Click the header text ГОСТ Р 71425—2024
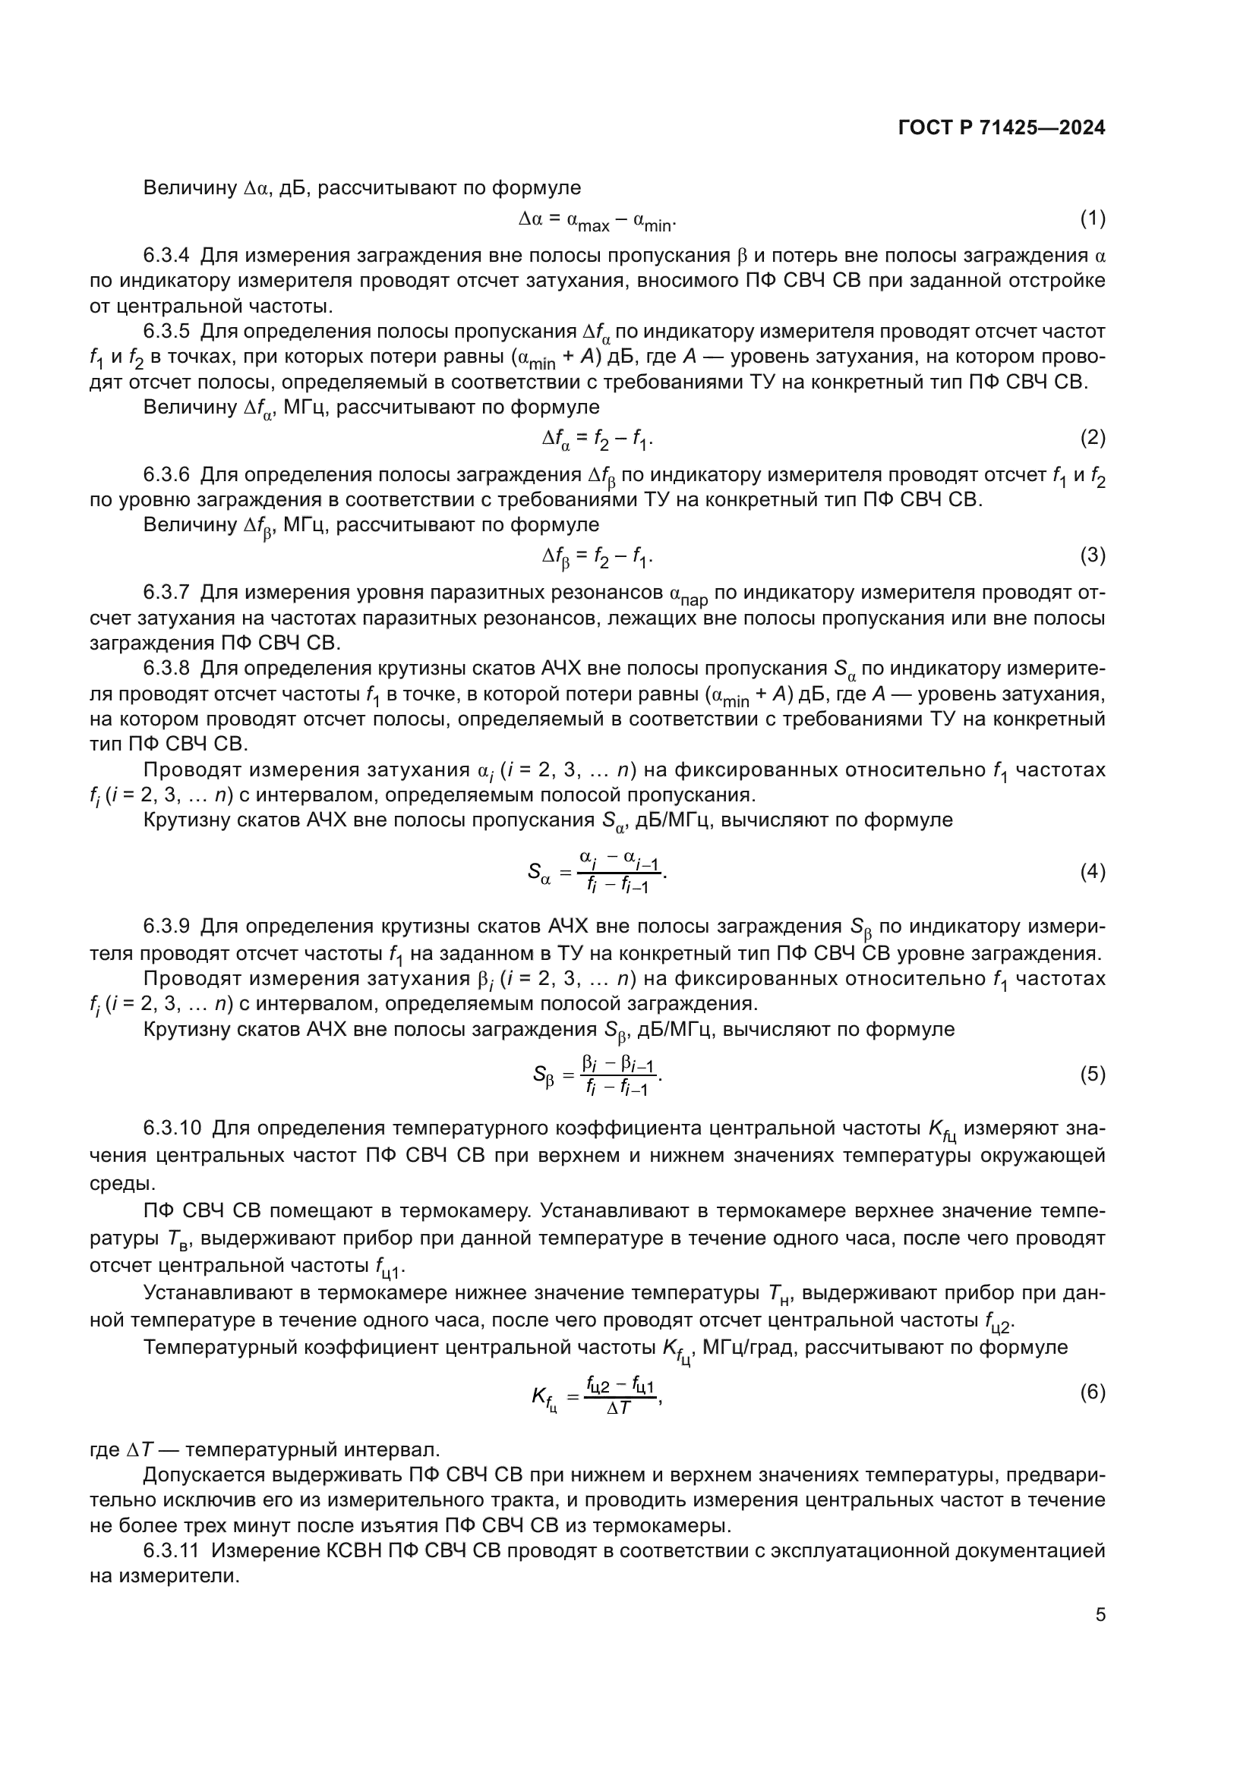coord(1002,128)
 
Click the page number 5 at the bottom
coord(1100,1615)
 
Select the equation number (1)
coord(1092,219)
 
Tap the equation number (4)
coord(1092,872)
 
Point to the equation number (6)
coord(1092,1393)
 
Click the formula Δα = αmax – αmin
coord(597,221)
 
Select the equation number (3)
coord(1092,555)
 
